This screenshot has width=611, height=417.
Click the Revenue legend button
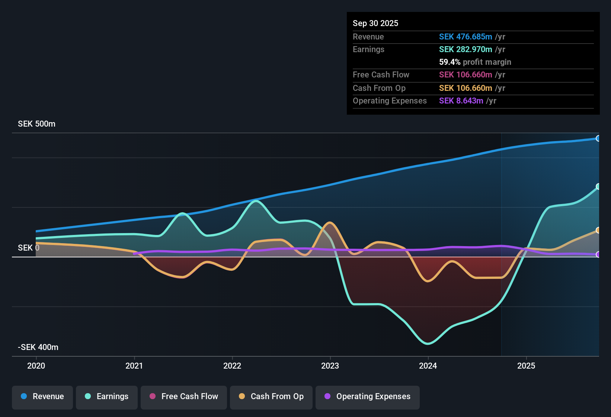(x=42, y=397)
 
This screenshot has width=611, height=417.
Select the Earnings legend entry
(x=106, y=397)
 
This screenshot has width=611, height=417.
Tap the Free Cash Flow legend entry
(x=184, y=397)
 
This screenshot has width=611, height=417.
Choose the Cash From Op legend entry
(x=271, y=397)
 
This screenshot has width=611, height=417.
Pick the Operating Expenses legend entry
(x=367, y=397)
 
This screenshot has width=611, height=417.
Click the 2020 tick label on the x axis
(x=36, y=366)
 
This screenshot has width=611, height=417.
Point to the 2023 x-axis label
(x=330, y=366)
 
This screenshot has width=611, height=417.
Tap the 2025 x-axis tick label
(x=526, y=366)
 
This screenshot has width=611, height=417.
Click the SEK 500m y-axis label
(x=36, y=124)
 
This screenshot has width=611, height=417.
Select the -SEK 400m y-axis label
(x=38, y=347)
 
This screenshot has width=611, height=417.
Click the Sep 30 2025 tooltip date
(x=375, y=23)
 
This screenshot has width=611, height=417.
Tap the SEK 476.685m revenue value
(x=465, y=37)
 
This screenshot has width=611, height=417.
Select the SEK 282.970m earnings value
(x=465, y=50)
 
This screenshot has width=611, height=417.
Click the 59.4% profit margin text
(x=475, y=62)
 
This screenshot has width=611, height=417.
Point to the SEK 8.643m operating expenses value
(x=461, y=101)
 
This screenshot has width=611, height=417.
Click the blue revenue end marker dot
(x=598, y=139)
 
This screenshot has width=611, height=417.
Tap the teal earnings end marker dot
(x=598, y=187)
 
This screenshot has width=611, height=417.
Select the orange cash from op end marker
(x=598, y=230)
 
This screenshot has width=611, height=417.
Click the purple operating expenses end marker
(x=598, y=255)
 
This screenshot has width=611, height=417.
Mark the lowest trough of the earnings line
(x=428, y=344)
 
